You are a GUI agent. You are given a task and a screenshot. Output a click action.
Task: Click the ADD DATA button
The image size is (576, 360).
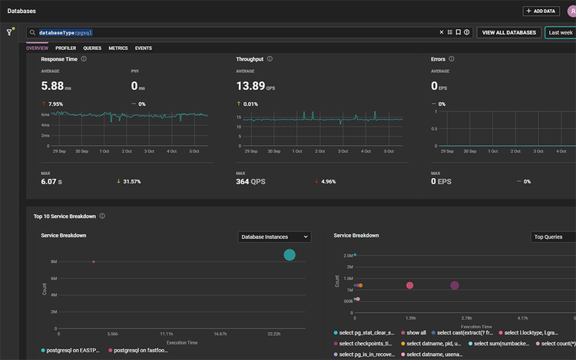[541, 11]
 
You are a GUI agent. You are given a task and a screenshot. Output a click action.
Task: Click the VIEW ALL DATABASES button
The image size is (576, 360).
[508, 32]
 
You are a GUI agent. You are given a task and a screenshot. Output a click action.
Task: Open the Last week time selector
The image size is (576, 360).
[559, 32]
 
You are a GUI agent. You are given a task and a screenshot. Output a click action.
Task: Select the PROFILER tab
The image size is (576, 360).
[65, 48]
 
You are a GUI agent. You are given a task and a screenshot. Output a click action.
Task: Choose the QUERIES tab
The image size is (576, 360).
[92, 48]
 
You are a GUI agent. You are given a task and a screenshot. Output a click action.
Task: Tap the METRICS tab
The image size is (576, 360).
[118, 48]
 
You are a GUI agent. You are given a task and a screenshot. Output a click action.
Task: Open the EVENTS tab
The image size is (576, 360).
[143, 48]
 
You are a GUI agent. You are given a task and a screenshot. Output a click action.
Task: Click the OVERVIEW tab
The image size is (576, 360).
[37, 48]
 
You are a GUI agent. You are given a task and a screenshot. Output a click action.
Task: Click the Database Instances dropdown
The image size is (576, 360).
[274, 237]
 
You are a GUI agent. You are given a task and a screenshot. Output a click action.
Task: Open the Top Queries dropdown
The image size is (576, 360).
[553, 237]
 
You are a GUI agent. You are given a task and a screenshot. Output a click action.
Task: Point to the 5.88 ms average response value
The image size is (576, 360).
[58, 86]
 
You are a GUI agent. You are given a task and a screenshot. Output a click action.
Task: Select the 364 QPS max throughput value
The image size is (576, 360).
[251, 181]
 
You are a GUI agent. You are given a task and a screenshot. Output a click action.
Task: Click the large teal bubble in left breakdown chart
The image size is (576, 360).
[290, 255]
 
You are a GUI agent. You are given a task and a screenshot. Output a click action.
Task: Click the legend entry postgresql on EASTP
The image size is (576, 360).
[74, 349]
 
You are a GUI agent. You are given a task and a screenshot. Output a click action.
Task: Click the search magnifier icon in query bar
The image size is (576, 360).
[31, 33]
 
